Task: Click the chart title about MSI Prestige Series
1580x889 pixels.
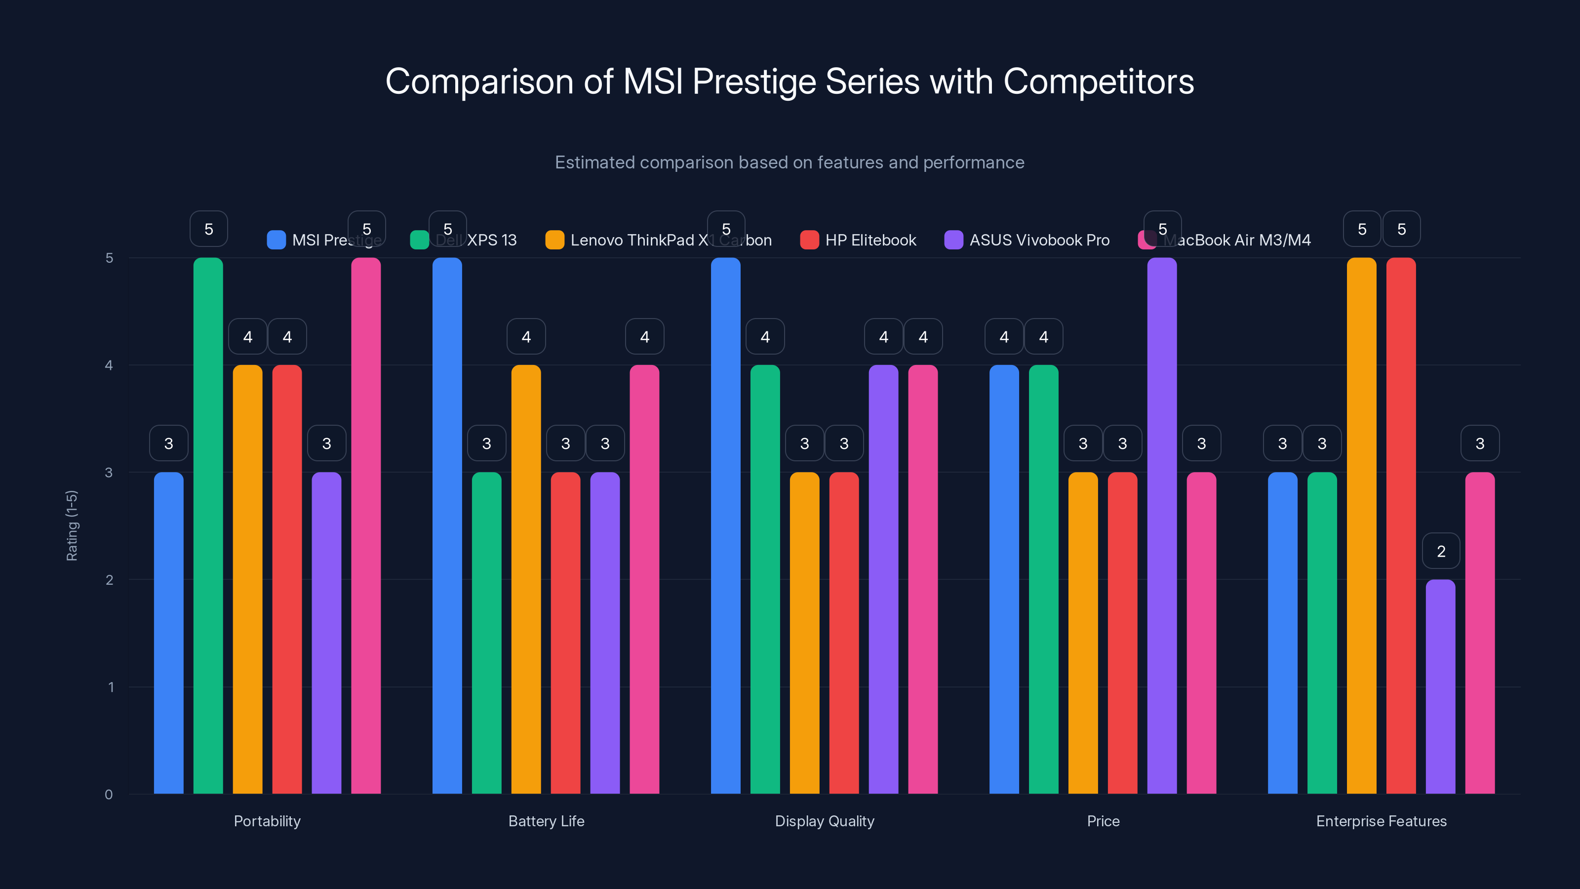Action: click(790, 81)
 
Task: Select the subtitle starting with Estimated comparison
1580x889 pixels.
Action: click(790, 162)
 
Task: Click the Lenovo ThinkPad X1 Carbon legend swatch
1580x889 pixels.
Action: click(554, 240)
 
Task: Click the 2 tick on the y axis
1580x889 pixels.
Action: click(109, 580)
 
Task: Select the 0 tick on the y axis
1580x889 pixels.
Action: click(109, 795)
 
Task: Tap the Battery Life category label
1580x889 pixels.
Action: click(546, 821)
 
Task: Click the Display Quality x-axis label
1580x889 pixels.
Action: click(825, 821)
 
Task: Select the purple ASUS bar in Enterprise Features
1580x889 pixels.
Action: click(1440, 687)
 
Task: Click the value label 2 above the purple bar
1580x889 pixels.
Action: click(1441, 551)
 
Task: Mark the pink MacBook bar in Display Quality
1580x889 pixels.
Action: click(922, 579)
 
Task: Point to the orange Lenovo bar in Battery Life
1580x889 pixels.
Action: click(526, 579)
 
